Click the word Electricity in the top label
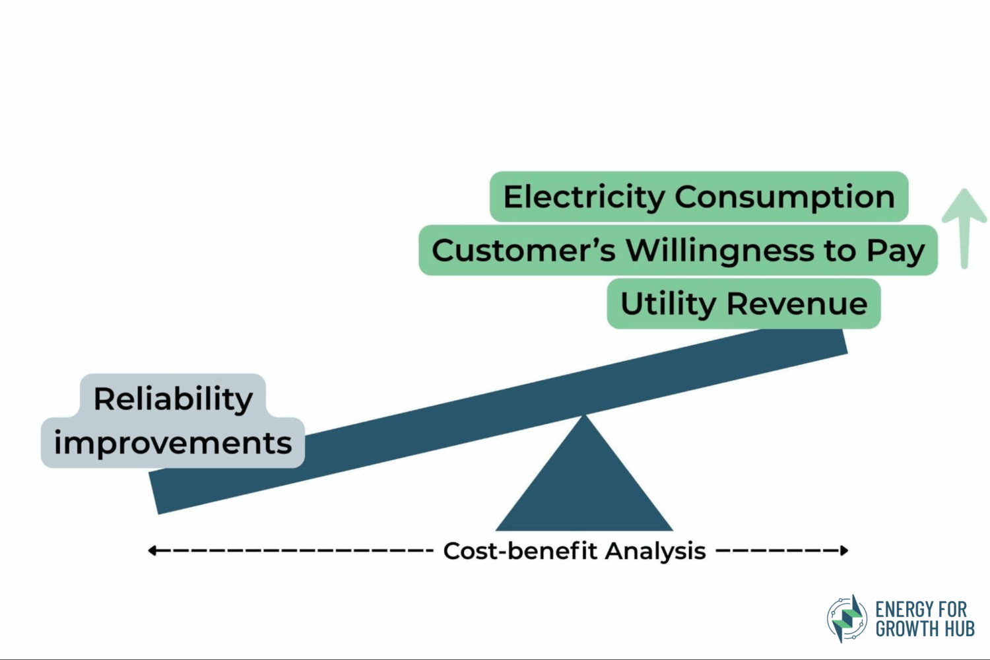tap(584, 197)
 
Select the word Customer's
tap(523, 251)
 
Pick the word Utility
tap(668, 304)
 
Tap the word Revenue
tap(797, 304)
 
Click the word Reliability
tap(173, 399)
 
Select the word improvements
tap(173, 442)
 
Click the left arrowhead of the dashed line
tap(152, 550)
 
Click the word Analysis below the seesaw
tap(655, 551)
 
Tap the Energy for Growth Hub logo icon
tap(847, 618)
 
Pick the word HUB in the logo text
tap(959, 629)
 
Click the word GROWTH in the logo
tap(908, 629)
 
